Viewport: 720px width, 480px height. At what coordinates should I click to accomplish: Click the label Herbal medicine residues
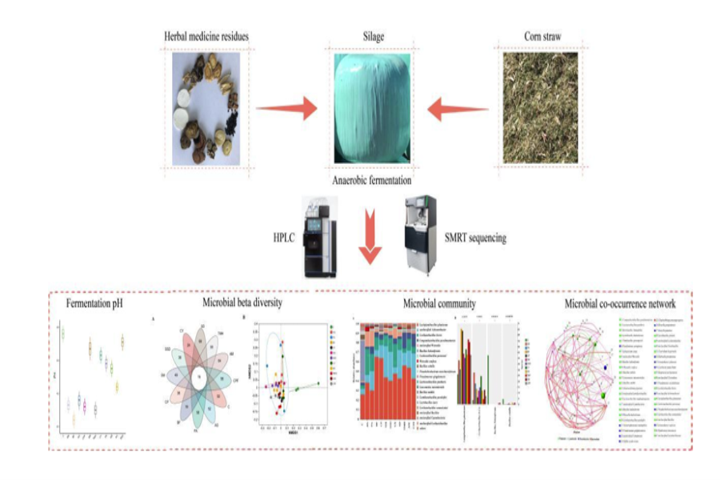coord(207,38)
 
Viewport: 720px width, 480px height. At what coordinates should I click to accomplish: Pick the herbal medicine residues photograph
coord(206,107)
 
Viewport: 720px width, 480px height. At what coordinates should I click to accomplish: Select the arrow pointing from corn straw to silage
coord(458,109)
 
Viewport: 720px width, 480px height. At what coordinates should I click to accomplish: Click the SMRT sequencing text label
coord(477,238)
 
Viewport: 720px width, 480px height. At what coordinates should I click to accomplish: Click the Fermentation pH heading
coord(100,305)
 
